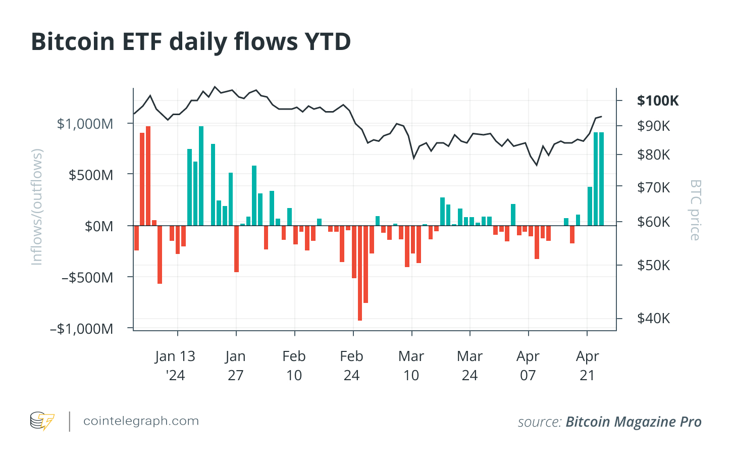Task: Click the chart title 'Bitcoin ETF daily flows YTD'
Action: (191, 42)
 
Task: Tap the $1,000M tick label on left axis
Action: (85, 124)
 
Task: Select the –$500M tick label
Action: (87, 277)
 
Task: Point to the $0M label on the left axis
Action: (99, 226)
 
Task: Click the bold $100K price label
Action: (658, 101)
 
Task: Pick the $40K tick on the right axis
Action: (653, 318)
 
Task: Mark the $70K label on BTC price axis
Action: (653, 187)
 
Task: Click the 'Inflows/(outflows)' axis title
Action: (37, 207)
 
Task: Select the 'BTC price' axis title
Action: (695, 210)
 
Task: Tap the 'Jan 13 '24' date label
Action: (175, 366)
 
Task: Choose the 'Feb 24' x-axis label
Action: (352, 366)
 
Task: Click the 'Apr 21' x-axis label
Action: (587, 366)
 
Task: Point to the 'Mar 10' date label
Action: (411, 366)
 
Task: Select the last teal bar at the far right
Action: (601, 179)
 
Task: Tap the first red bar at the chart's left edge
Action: (136, 238)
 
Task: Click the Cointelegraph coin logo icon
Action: (42, 421)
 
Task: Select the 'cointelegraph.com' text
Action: (141, 421)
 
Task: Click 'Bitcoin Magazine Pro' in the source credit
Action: (634, 422)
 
